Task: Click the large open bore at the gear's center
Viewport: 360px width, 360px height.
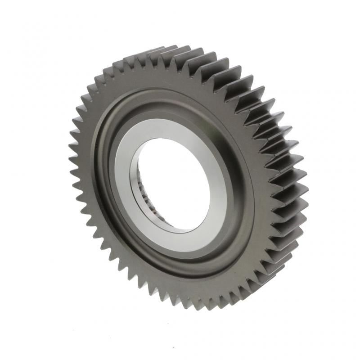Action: [x=173, y=180]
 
